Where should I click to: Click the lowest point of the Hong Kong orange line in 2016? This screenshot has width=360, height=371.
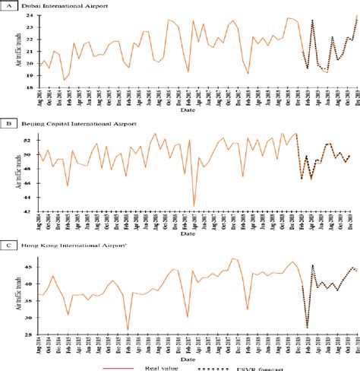click(x=128, y=329)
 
